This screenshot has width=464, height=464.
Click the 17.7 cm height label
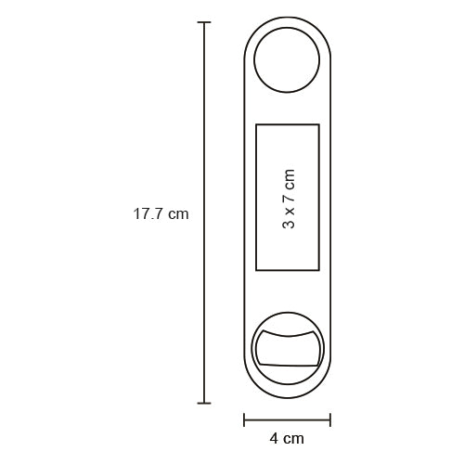tap(161, 214)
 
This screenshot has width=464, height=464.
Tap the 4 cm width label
tap(287, 439)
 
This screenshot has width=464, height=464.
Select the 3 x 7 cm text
tap(289, 199)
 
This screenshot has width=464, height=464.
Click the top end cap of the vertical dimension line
tap(204, 22)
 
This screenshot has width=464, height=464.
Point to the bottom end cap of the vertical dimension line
tap(204, 403)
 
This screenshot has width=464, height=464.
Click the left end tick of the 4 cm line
tap(244, 419)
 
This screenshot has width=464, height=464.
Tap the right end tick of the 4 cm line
tap(330, 419)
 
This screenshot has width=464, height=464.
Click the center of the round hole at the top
tap(287, 60)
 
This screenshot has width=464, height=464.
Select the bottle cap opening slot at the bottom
tap(287, 348)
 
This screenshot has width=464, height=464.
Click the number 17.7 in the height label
tap(148, 214)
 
